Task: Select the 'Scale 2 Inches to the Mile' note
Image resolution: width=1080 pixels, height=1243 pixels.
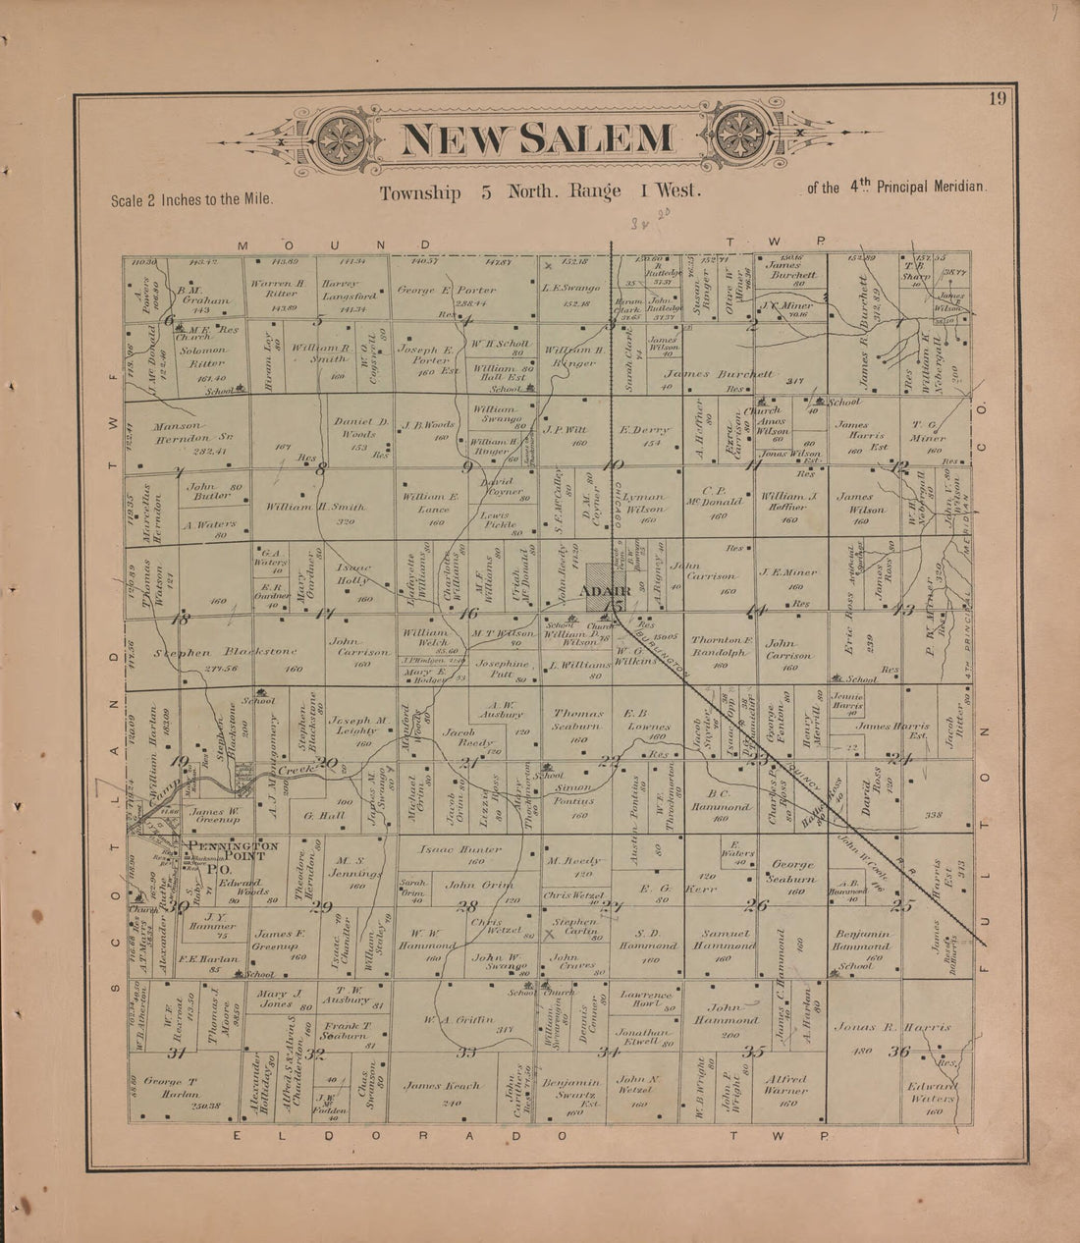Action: tap(191, 199)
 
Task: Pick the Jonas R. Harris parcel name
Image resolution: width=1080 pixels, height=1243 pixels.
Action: tap(891, 1027)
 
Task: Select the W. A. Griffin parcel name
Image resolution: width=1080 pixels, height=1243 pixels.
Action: tap(458, 1020)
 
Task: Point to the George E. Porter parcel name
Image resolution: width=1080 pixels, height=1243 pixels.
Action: tap(447, 291)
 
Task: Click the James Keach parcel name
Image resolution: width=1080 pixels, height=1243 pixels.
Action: tap(442, 1085)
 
